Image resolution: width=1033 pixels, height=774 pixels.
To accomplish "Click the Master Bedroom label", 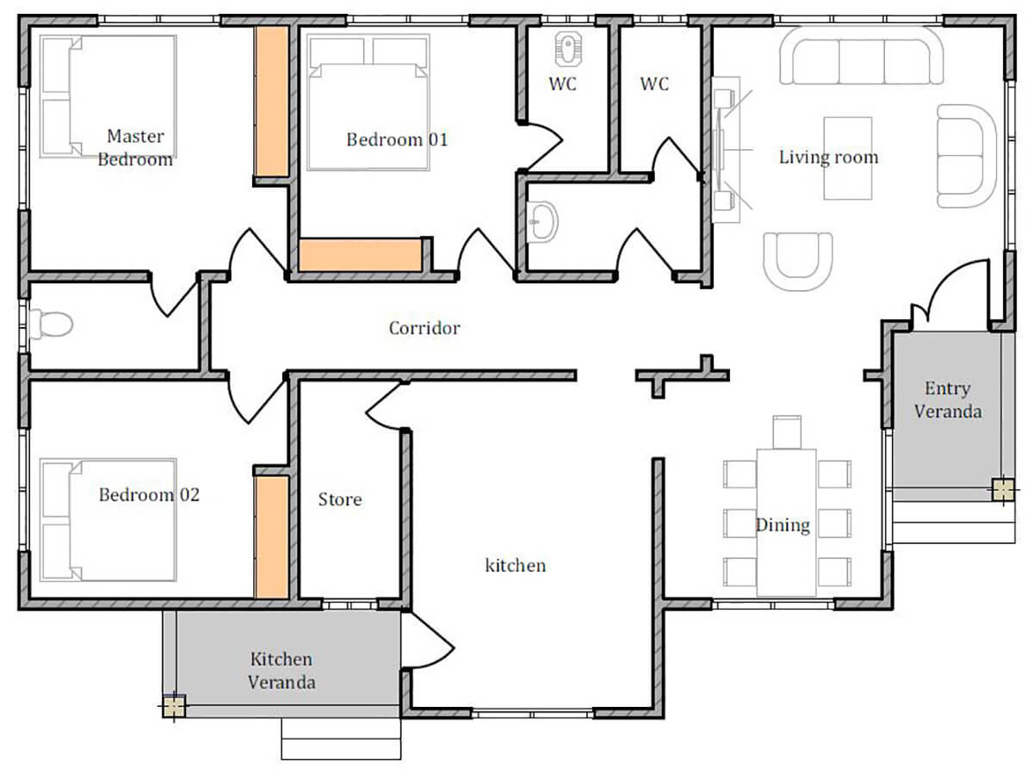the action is [135, 148].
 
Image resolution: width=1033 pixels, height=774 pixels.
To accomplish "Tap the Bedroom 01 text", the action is [397, 139].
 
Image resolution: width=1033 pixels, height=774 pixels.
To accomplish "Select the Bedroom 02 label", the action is [149, 494].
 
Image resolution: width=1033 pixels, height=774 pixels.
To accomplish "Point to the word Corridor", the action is [424, 328].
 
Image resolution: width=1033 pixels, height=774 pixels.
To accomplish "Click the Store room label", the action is [340, 499].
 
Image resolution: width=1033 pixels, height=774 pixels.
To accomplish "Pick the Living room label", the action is [829, 158].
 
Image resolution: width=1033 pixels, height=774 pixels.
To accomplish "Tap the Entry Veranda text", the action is [948, 400].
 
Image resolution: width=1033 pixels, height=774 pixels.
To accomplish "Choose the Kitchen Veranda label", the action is [281, 671].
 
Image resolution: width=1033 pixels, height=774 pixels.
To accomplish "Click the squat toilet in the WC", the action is [568, 49].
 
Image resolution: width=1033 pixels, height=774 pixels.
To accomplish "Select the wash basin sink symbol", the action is [542, 221].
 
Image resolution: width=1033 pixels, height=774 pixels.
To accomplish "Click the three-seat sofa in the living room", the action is [861, 56].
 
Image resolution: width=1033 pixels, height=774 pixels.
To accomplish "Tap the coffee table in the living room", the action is [848, 158].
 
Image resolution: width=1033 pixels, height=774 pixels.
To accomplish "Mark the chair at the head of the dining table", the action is [787, 432].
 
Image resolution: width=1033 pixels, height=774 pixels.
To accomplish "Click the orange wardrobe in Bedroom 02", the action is [271, 537].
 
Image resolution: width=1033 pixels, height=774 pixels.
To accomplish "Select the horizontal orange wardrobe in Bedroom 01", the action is [361, 255].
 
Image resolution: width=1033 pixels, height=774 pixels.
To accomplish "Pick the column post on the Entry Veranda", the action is [1003, 490].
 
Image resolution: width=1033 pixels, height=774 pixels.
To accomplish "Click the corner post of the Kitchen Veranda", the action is [174, 706].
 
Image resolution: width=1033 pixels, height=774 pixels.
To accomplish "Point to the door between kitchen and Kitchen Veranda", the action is [427, 640].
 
